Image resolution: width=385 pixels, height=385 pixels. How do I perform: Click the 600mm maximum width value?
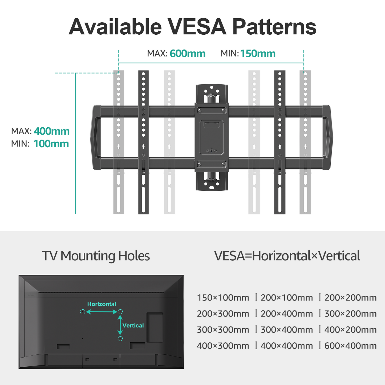tap(188, 54)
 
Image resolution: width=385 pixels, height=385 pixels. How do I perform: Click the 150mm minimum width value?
tap(258, 54)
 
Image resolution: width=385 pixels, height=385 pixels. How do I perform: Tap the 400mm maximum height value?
tap(51, 131)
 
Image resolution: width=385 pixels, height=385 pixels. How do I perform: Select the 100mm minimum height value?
tap(51, 144)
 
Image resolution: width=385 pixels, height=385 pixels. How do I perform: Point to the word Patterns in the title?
tap(274, 27)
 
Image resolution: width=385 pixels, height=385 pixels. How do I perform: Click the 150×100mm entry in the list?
tap(223, 298)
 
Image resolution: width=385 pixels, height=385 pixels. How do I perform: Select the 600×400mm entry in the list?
tap(350, 346)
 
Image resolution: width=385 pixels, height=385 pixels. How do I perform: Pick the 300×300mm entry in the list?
tap(223, 330)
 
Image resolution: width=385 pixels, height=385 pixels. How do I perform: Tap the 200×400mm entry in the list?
tap(287, 314)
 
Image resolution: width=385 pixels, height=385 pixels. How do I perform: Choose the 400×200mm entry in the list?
tap(350, 330)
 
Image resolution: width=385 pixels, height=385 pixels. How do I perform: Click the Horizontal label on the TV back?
tap(102, 304)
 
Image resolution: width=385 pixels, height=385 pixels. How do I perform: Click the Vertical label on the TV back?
tap(133, 325)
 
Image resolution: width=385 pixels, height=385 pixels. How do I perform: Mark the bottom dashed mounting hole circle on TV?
tap(120, 339)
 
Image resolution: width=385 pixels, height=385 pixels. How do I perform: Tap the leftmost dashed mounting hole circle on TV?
tap(83, 312)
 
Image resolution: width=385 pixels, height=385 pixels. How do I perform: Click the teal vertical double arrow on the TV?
tap(120, 325)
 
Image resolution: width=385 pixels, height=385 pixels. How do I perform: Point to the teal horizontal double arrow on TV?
tap(102, 312)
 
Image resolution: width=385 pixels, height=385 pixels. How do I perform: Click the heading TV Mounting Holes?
tap(96, 256)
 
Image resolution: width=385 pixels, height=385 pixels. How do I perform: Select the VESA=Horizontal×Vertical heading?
tap(287, 256)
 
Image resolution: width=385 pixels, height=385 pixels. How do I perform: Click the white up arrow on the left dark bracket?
tap(143, 146)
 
